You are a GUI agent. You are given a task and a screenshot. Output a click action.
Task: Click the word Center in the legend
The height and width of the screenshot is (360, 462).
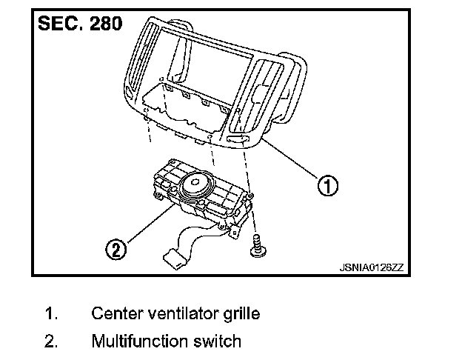(115, 313)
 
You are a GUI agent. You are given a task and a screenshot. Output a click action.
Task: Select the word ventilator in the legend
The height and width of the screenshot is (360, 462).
(178, 313)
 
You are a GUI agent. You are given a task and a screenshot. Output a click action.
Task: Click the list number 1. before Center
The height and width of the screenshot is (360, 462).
(53, 313)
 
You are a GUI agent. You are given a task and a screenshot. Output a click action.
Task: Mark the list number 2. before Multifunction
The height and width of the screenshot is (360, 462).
(53, 341)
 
